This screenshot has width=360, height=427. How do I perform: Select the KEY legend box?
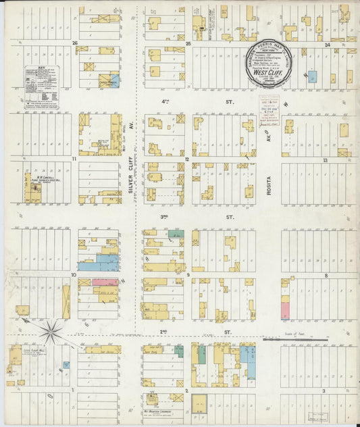[x=41, y=86]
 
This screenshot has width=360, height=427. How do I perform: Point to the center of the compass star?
[x=51, y=331]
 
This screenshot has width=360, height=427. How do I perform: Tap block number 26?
[x=74, y=43]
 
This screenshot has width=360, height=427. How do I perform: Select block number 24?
[x=327, y=45]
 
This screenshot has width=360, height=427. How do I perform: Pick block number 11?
[x=73, y=159]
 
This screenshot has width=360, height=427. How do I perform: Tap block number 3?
[x=324, y=391]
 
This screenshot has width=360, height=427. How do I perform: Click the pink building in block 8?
[x=285, y=310]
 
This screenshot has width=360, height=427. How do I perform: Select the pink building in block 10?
[x=105, y=282]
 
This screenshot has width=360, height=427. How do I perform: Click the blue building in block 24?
[x=312, y=76]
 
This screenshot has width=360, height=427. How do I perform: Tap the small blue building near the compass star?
[x=65, y=364]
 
